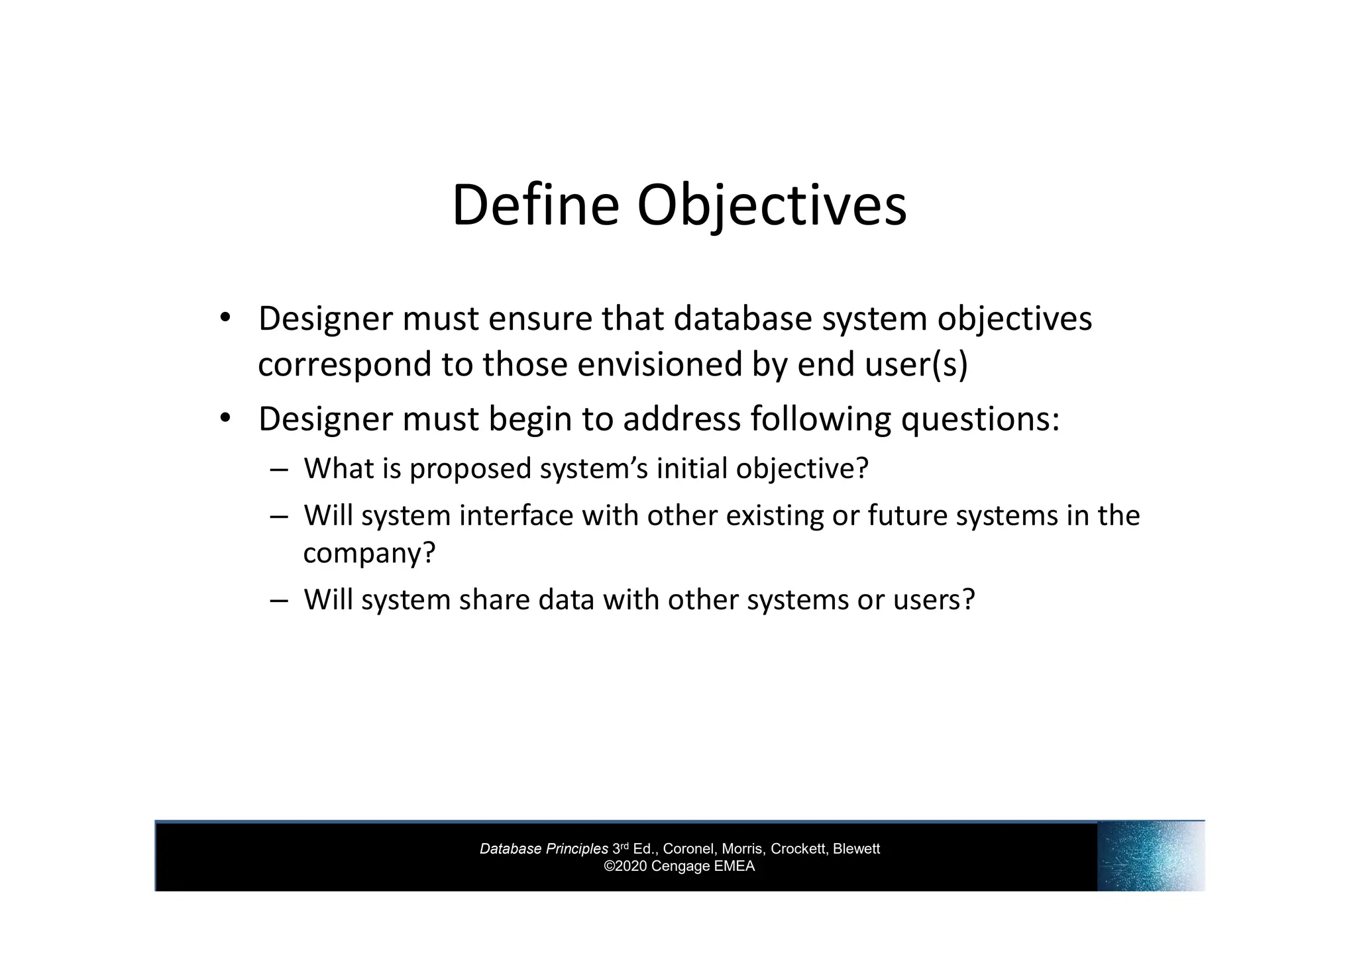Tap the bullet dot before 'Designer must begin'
pyautogui.click(x=225, y=417)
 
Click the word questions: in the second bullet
pyautogui.click(x=980, y=419)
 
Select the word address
pyautogui.click(x=682, y=419)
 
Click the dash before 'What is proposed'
pyautogui.click(x=279, y=470)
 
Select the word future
pyautogui.click(x=907, y=515)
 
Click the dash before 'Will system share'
pyautogui.click(x=279, y=601)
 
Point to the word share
pyautogui.click(x=494, y=599)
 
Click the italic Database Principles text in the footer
pyautogui.click(x=543, y=849)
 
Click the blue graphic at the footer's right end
pyautogui.click(x=1150, y=856)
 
